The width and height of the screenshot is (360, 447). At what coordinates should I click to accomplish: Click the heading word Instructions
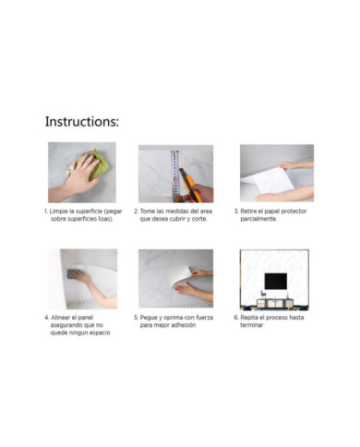click(x=82, y=121)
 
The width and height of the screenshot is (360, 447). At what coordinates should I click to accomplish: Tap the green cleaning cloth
click(x=94, y=164)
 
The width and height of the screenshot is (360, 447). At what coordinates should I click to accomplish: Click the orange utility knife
click(x=190, y=186)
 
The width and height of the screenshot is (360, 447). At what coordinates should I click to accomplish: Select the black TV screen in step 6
click(x=276, y=281)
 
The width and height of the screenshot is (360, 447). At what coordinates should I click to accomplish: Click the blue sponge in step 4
click(x=76, y=272)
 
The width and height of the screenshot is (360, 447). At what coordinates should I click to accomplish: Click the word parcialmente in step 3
click(x=258, y=219)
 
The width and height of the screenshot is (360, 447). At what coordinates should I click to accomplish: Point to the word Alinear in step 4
click(x=61, y=318)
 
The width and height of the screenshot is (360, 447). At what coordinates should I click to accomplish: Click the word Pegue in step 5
click(x=149, y=318)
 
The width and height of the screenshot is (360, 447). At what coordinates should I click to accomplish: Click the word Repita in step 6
click(x=248, y=318)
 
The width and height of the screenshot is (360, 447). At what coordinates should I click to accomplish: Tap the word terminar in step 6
click(x=252, y=325)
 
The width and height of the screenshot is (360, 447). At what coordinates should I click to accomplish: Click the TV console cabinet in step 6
click(x=275, y=304)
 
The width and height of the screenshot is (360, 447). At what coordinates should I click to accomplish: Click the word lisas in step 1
click(x=104, y=219)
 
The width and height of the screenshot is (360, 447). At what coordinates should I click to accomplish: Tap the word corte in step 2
click(x=199, y=219)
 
